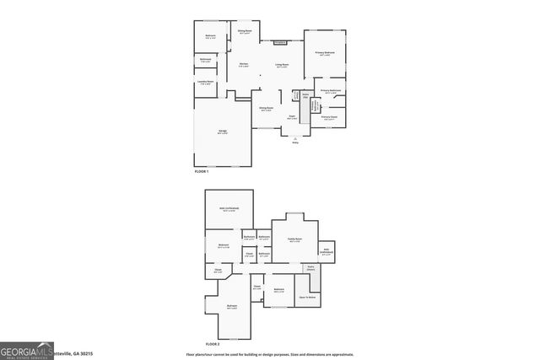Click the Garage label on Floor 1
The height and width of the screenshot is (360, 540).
point(223,132)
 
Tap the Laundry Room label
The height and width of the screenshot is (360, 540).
point(206,83)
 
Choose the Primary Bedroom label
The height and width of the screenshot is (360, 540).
point(326,53)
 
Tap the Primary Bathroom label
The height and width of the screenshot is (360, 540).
point(330,91)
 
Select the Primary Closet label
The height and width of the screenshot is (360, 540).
point(329,118)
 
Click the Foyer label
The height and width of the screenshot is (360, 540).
point(292,117)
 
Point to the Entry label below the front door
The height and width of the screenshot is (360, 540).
point(295,142)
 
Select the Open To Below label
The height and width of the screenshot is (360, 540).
point(307,297)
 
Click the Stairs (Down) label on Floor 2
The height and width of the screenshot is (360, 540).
point(310,269)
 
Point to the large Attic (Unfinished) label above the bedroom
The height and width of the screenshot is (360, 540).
point(229,208)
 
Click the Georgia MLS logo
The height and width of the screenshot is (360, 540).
point(25,351)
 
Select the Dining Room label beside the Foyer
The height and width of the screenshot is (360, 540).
point(266,109)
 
